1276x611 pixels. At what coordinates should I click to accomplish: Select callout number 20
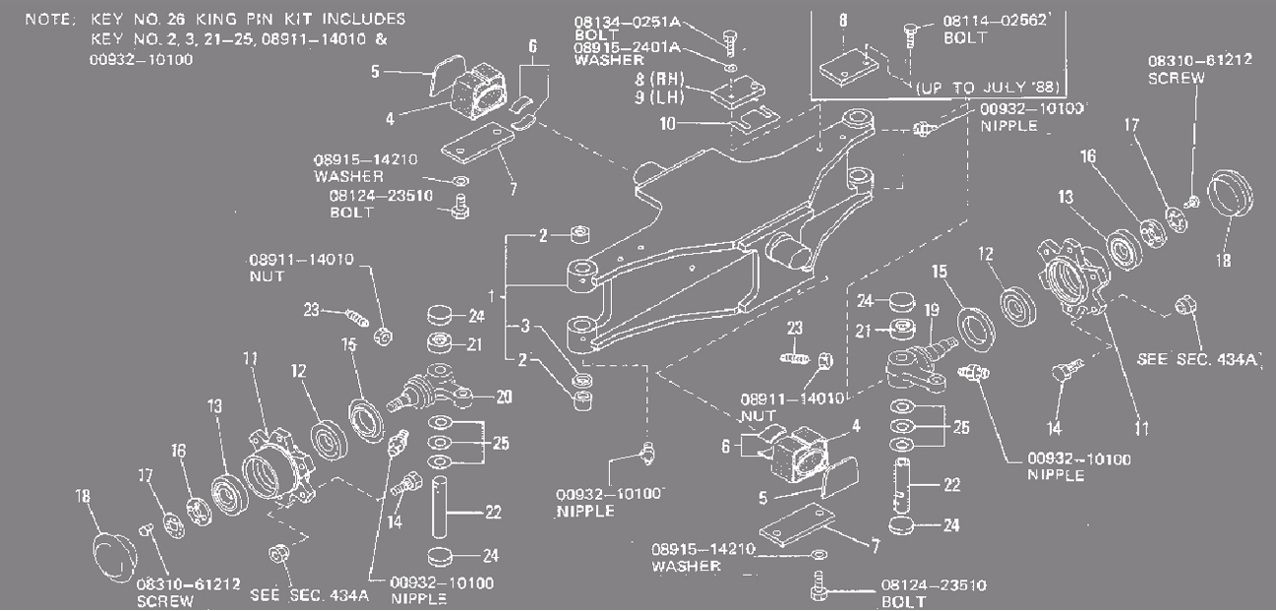point(505,397)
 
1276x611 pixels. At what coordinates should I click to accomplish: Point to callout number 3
point(526,326)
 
